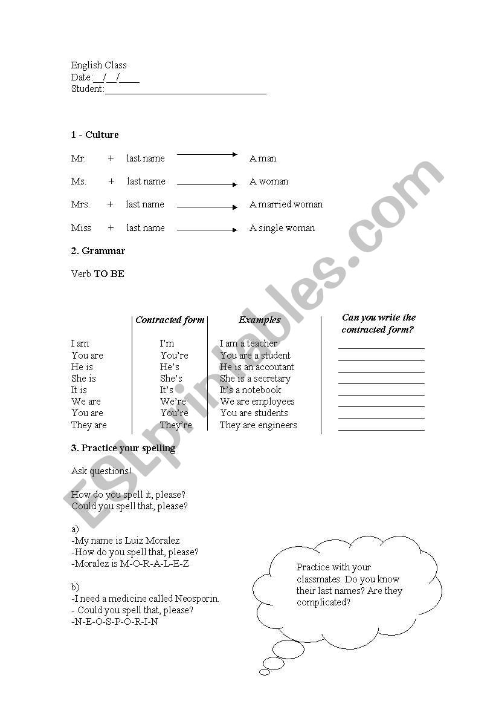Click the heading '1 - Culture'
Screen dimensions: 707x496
95,135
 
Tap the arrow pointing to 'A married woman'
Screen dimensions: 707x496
207,207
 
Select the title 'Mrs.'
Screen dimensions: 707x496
80,204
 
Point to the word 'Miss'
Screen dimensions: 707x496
81,228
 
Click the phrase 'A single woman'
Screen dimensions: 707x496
282,228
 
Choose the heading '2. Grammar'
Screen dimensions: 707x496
98,251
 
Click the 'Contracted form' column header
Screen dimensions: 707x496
170,320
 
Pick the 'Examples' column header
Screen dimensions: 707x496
260,320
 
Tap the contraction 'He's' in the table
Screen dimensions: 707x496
170,367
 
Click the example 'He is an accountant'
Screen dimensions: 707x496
257,367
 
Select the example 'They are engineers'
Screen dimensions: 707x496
258,425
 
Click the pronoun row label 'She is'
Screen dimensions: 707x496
83,379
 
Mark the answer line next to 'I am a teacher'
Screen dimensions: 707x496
381,348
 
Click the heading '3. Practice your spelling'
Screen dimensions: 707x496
123,448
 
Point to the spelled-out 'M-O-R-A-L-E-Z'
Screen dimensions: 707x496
155,564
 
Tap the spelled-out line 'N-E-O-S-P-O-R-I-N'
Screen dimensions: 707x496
116,622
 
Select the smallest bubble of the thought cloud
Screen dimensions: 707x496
265,672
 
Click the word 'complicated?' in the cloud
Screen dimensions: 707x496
323,602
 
